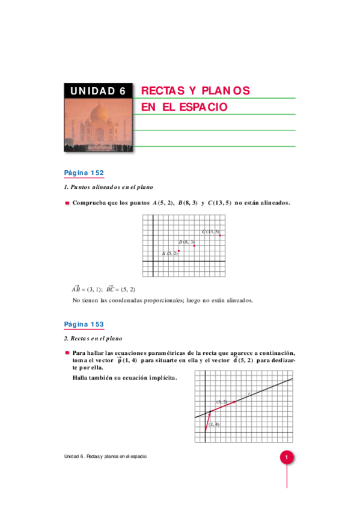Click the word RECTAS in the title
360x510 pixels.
click(160, 91)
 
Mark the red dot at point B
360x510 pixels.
click(194, 245)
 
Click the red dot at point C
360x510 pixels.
click(221, 235)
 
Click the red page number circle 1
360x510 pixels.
click(287, 458)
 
